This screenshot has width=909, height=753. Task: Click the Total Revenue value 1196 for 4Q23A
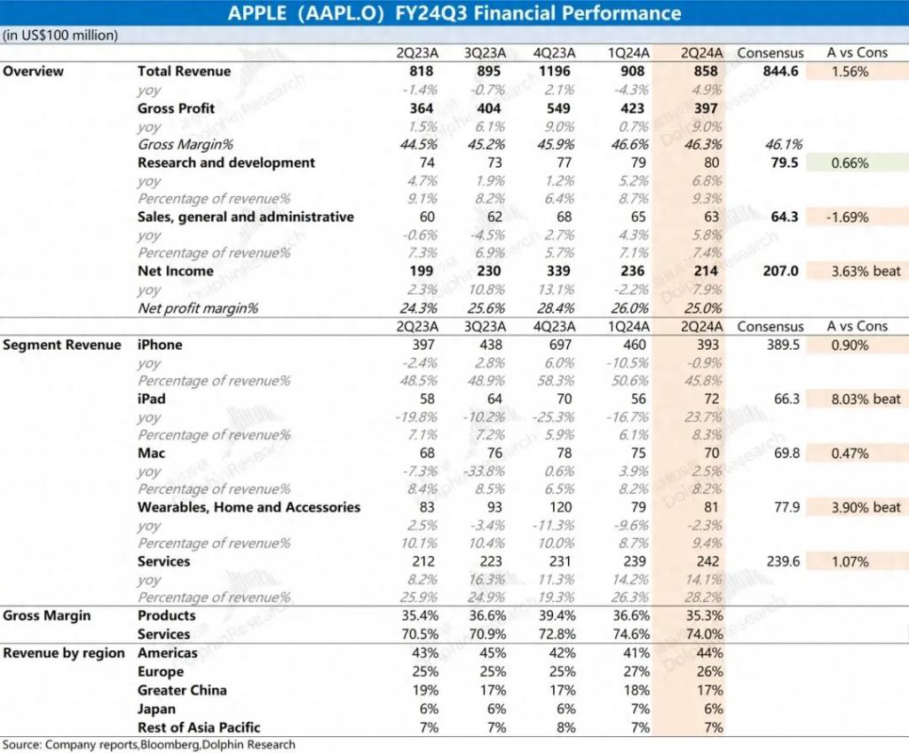click(x=560, y=71)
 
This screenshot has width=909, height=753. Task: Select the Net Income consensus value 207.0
click(x=781, y=272)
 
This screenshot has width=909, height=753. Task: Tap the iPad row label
click(x=152, y=399)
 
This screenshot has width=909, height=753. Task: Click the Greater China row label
click(x=182, y=690)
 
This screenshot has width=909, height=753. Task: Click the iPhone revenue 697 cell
click(x=560, y=345)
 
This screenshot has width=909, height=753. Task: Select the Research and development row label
click(x=226, y=162)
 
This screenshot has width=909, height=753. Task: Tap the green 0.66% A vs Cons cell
click(x=851, y=162)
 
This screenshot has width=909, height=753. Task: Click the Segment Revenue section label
click(x=62, y=345)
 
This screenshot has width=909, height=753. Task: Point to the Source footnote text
click(x=148, y=744)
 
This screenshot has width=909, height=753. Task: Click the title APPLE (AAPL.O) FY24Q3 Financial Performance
click(x=454, y=13)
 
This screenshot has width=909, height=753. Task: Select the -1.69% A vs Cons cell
click(x=851, y=217)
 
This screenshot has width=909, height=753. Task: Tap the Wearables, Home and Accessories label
click(x=249, y=507)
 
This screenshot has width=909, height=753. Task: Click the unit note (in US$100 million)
click(x=60, y=35)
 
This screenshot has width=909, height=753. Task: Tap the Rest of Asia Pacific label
click(x=199, y=727)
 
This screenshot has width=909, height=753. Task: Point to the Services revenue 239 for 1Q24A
click(x=629, y=561)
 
